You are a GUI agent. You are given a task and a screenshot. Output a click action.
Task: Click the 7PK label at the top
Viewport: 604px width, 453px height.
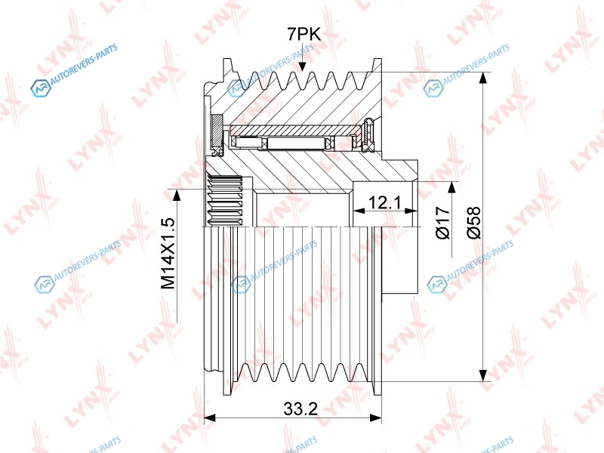[x=304, y=35]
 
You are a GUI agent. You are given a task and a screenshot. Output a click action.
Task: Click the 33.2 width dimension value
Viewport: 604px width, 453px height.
[x=300, y=408]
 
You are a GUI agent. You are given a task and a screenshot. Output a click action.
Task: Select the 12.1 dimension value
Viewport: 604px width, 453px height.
[x=385, y=202]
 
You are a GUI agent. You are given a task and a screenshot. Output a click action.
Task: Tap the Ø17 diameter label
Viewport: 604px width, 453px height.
[x=443, y=222]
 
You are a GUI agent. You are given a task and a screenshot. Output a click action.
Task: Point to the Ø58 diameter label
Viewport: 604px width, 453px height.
[x=474, y=222]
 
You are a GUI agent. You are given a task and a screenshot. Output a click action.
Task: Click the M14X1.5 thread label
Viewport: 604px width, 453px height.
[x=168, y=254]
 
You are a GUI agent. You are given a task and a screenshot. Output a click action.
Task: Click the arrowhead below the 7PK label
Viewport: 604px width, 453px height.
[x=303, y=66]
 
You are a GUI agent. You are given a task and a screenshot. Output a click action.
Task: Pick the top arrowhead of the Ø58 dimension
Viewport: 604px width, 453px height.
[x=482, y=78]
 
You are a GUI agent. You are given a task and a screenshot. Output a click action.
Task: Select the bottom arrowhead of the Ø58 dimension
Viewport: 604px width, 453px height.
[x=482, y=375]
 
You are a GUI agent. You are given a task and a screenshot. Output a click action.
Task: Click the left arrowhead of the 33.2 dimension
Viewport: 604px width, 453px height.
[x=209, y=418]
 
